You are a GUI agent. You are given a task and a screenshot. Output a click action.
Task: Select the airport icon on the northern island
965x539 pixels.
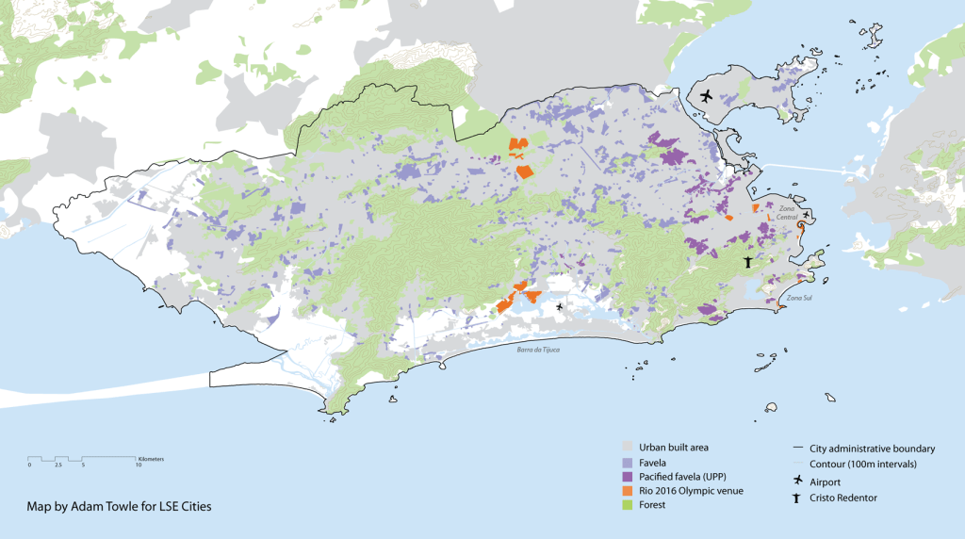[x=707, y=95]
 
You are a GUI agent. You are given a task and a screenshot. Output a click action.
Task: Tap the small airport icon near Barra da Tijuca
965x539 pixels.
[x=560, y=306]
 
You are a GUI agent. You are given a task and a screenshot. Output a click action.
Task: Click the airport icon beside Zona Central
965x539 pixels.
[x=807, y=215]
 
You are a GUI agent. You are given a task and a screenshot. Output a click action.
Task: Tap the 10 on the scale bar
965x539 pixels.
[x=139, y=465]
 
